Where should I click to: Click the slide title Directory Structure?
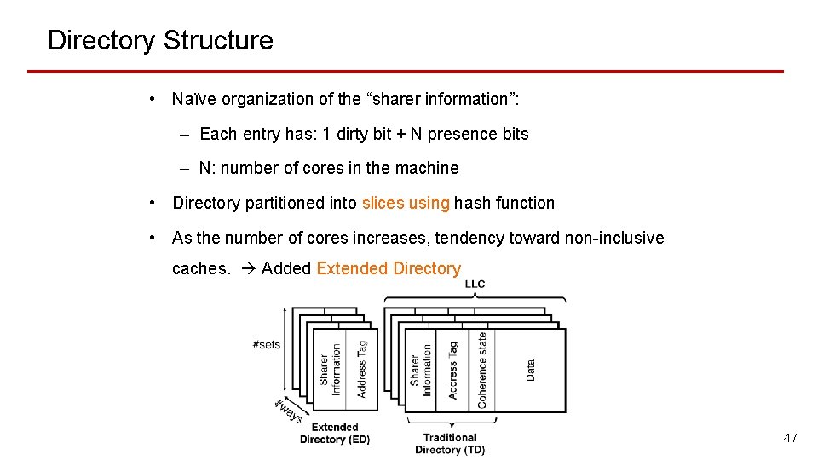160,40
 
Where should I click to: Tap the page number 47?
790,438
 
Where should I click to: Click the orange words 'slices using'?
406,203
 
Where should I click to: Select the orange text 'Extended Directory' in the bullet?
389,268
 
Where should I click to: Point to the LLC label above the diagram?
475,285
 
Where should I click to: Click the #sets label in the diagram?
267,344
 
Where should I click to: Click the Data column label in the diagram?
531,369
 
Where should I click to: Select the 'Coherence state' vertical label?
482,370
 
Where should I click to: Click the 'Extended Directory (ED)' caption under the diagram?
335,434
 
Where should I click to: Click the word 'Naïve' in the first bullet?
194,99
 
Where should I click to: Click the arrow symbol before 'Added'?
247,268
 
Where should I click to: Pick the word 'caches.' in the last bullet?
201,268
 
